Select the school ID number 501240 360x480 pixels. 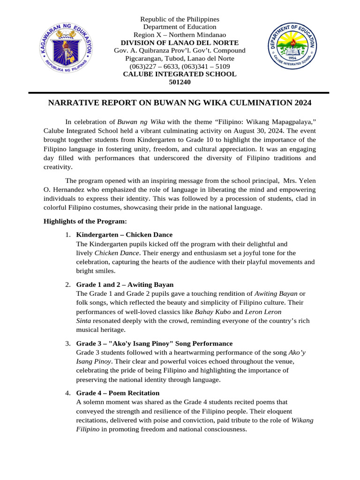coord(180,82)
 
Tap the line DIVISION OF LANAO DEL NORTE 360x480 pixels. coord(180,43)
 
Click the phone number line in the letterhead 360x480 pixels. coord(180,67)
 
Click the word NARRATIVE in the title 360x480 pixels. coord(72,103)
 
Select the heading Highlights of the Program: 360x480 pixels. coord(85,221)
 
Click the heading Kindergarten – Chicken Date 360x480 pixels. coord(124,235)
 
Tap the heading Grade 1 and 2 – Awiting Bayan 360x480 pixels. coord(125,285)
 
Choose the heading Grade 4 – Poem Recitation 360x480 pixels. coord(118,393)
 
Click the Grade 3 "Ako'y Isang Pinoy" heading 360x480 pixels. coord(154,344)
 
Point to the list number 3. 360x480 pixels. coord(67,344)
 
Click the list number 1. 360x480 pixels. coord(67,235)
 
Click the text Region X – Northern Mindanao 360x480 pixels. coord(180,35)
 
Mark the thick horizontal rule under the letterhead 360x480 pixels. coord(180,93)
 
